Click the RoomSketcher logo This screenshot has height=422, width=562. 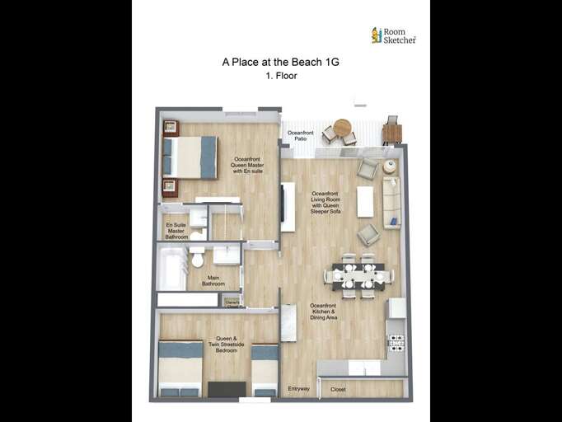point(394,35)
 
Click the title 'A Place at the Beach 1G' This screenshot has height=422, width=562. point(280,61)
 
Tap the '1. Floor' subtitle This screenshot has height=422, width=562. point(281,76)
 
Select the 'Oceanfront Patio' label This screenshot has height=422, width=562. point(300,135)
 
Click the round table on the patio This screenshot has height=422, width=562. point(342,128)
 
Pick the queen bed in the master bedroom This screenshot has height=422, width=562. point(190,157)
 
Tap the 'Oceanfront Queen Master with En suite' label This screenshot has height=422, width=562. point(249,166)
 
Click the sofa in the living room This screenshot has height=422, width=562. point(391,203)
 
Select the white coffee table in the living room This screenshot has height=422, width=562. point(365,202)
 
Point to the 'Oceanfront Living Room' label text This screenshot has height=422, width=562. point(325,202)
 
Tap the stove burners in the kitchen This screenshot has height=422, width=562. point(396,342)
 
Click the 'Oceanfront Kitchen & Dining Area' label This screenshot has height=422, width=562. point(323,311)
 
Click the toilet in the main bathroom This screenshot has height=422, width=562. point(197,258)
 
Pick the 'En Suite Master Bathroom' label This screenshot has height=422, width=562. point(176,231)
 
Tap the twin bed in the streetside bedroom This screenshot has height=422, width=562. point(265,370)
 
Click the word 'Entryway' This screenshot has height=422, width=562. point(298,388)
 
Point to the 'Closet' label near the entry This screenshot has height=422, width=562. point(338,389)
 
